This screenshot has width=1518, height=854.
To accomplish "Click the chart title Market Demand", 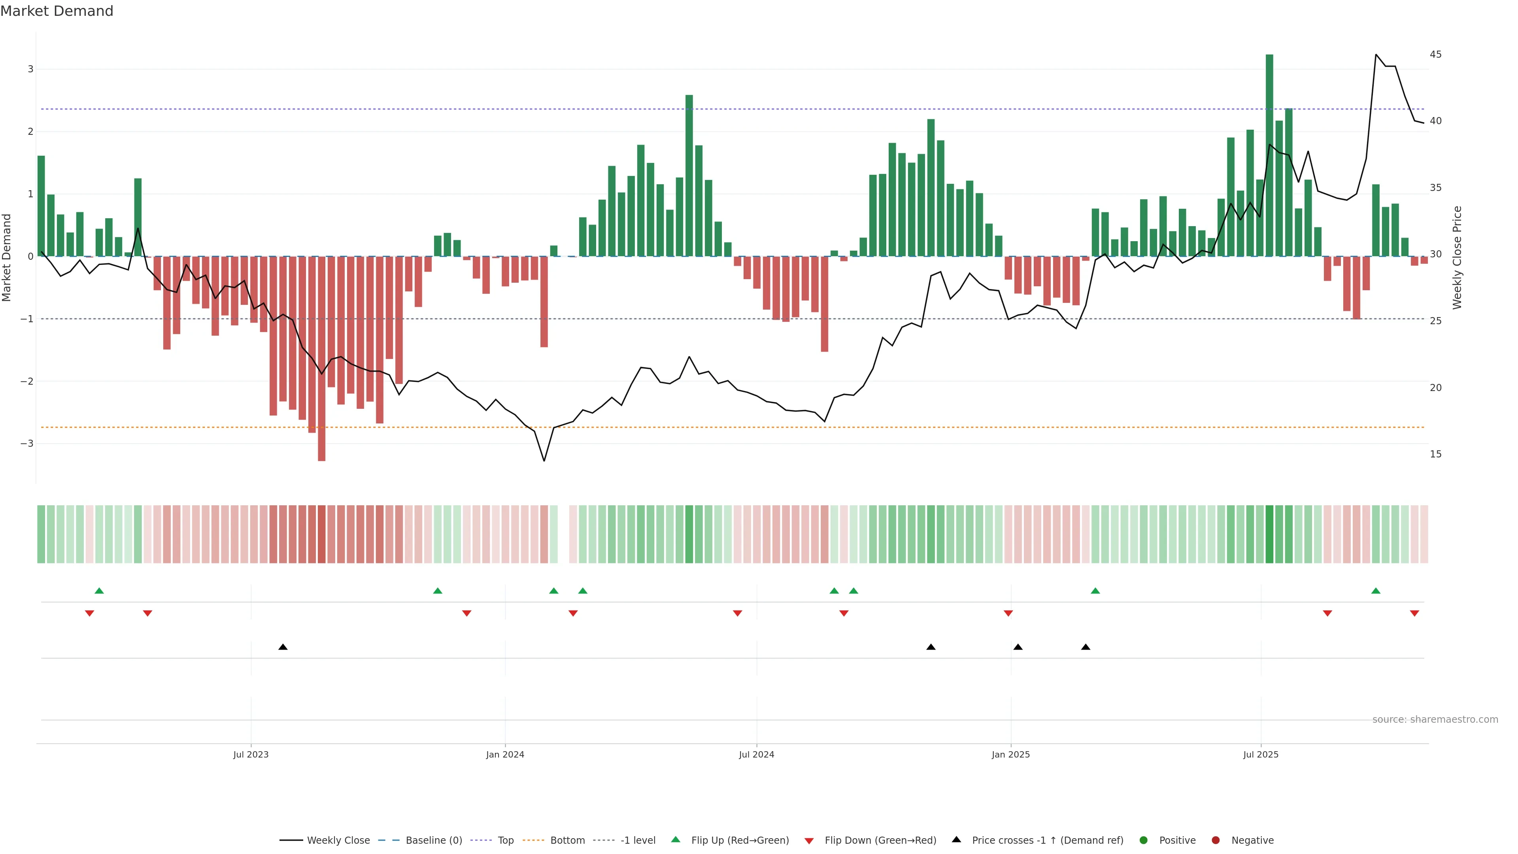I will point(57,11).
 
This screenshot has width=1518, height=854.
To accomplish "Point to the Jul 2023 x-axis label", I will point(251,754).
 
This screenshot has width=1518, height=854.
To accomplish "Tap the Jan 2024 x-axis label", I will point(505,754).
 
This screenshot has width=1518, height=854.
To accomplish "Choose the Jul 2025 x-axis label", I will point(1261,754).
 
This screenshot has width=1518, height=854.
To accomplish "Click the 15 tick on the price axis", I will point(1435,454).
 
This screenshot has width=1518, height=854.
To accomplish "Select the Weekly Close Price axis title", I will point(1457,257).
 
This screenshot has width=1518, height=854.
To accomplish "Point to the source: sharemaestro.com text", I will point(1435,720).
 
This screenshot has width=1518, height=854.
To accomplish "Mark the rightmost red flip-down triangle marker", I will point(1414,614).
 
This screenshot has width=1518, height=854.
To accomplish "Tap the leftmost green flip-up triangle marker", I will point(99,591).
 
